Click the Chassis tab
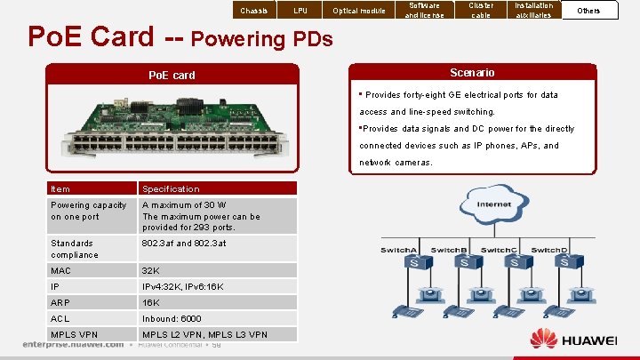click(x=254, y=11)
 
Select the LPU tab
click(x=301, y=11)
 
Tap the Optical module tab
click(x=359, y=11)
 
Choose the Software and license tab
click(x=423, y=10)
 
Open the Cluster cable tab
click(x=481, y=10)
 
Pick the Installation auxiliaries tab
click(x=534, y=10)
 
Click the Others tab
click(x=588, y=11)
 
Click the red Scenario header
click(x=473, y=72)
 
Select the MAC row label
click(x=60, y=270)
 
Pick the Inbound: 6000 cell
click(x=172, y=318)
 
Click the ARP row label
click(x=61, y=302)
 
